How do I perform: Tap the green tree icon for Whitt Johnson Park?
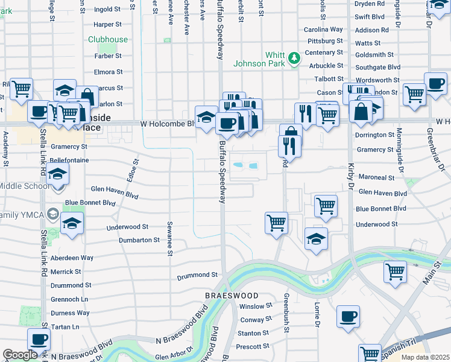(x=294, y=59)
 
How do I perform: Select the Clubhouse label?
(x=108, y=39)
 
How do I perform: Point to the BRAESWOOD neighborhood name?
(x=232, y=296)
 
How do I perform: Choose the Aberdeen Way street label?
(x=72, y=258)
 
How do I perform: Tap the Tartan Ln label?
(x=66, y=326)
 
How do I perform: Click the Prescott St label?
(x=253, y=346)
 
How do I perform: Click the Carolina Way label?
(x=323, y=30)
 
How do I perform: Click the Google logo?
(x=20, y=355)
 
